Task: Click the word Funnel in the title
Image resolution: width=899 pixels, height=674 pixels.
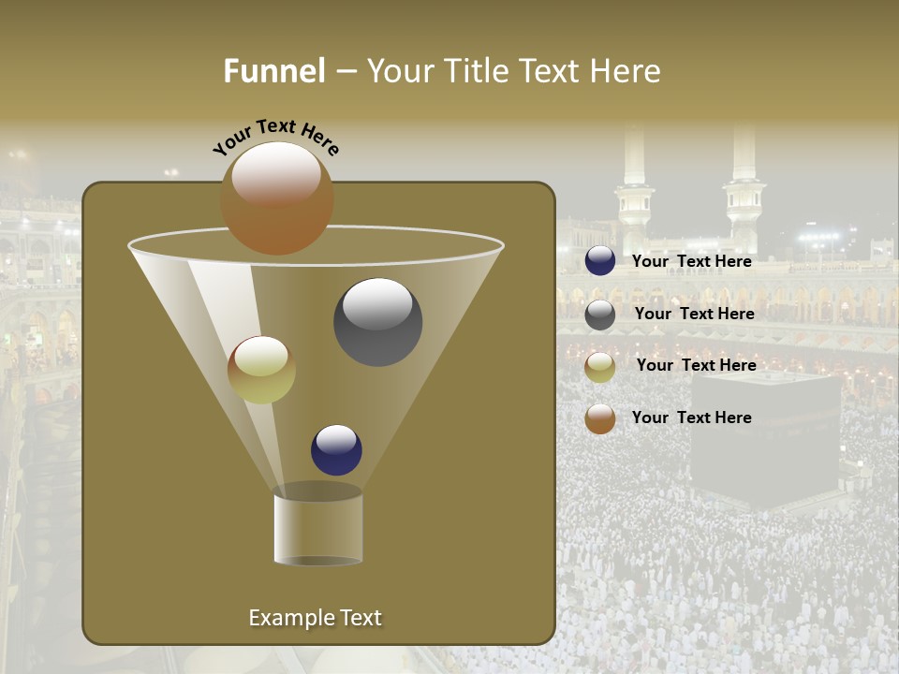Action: (274, 71)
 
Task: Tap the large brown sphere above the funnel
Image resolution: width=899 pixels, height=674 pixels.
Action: (276, 198)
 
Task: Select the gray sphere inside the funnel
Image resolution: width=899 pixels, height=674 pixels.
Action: (377, 322)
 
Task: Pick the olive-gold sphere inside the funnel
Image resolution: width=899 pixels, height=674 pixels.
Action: (261, 370)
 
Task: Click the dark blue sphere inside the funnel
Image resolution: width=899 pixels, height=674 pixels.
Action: (336, 449)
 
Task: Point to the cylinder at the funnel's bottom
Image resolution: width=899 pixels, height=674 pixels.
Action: (317, 527)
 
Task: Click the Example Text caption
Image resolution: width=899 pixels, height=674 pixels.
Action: (315, 618)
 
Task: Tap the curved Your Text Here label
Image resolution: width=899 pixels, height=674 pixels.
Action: (275, 138)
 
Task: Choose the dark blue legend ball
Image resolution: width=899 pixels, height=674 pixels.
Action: (600, 261)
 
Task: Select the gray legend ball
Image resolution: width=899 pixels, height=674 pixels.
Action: (600, 315)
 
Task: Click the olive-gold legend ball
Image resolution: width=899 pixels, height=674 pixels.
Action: (600, 367)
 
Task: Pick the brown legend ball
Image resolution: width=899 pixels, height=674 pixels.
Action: (600, 418)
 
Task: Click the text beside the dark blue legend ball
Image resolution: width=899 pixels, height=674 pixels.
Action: (691, 261)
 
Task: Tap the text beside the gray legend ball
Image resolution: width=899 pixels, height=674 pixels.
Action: (694, 314)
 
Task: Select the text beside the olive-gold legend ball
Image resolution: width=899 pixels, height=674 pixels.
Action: (696, 365)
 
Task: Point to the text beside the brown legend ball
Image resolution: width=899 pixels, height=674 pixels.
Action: (691, 418)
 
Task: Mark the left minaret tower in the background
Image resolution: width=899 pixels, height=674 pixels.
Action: (634, 187)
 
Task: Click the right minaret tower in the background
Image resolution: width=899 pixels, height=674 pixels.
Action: (744, 183)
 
